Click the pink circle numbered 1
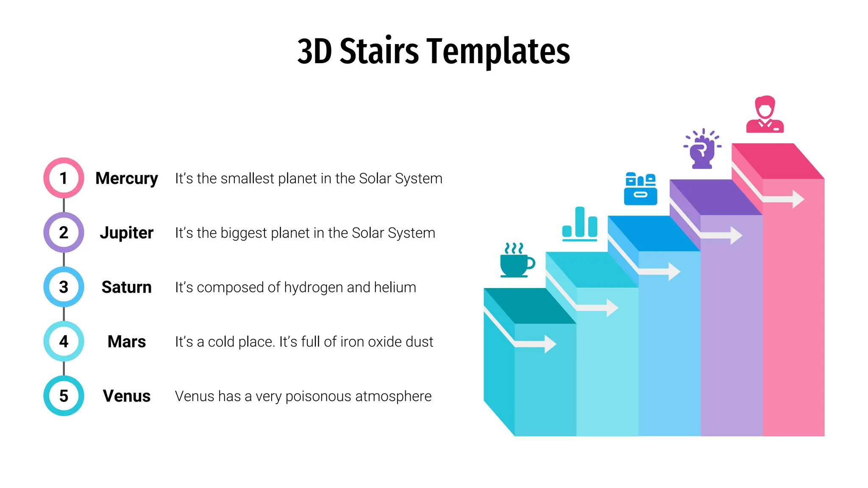[64, 178]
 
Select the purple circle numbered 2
[64, 233]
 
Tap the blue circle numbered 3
[64, 287]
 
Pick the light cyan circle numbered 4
[64, 341]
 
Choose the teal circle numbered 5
[64, 396]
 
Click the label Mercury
[126, 178]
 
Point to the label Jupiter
[126, 233]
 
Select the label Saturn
[126, 287]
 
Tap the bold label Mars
[126, 341]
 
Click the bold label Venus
[126, 396]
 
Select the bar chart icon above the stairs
[579, 224]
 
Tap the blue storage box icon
[640, 189]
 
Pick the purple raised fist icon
[702, 149]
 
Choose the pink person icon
[765, 114]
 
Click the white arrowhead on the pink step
[798, 199]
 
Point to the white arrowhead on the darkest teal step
[550, 344]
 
